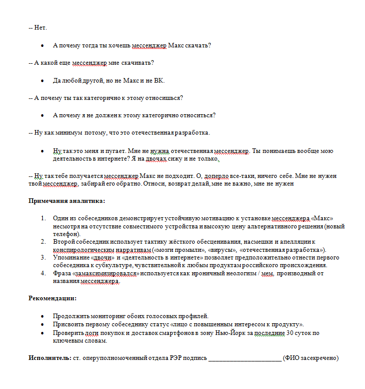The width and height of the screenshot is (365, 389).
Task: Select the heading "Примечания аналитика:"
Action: click(66, 201)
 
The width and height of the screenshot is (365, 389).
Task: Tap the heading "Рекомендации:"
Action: click(52, 298)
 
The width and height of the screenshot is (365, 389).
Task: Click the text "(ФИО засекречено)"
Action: click(311, 358)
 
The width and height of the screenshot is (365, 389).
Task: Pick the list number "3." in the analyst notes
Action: click(44, 258)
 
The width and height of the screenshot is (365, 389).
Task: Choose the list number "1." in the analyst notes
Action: click(44, 218)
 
